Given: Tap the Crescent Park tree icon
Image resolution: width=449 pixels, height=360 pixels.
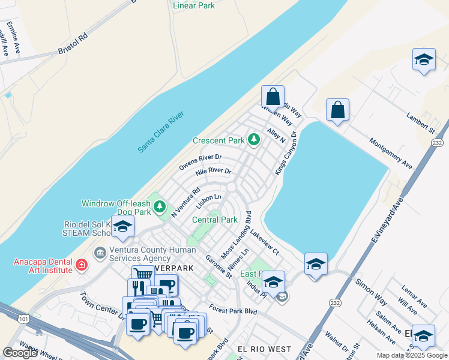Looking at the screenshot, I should (x=255, y=140).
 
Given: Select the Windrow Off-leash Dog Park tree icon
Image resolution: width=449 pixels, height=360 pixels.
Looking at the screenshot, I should (x=160, y=207).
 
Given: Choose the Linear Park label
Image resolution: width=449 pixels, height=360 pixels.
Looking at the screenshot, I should (x=193, y=6).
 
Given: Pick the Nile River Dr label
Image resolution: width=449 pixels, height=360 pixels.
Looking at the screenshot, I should (x=213, y=173).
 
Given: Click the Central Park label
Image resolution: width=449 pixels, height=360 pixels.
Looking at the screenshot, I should (x=215, y=220).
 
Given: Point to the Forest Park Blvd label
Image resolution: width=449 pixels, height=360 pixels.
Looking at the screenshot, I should (x=234, y=311).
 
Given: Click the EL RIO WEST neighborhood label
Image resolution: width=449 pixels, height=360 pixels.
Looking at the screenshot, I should (x=264, y=349).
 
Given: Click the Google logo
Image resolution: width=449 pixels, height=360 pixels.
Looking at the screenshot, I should (x=20, y=353).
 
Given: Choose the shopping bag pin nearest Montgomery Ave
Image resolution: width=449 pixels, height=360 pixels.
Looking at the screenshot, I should (x=337, y=110).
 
